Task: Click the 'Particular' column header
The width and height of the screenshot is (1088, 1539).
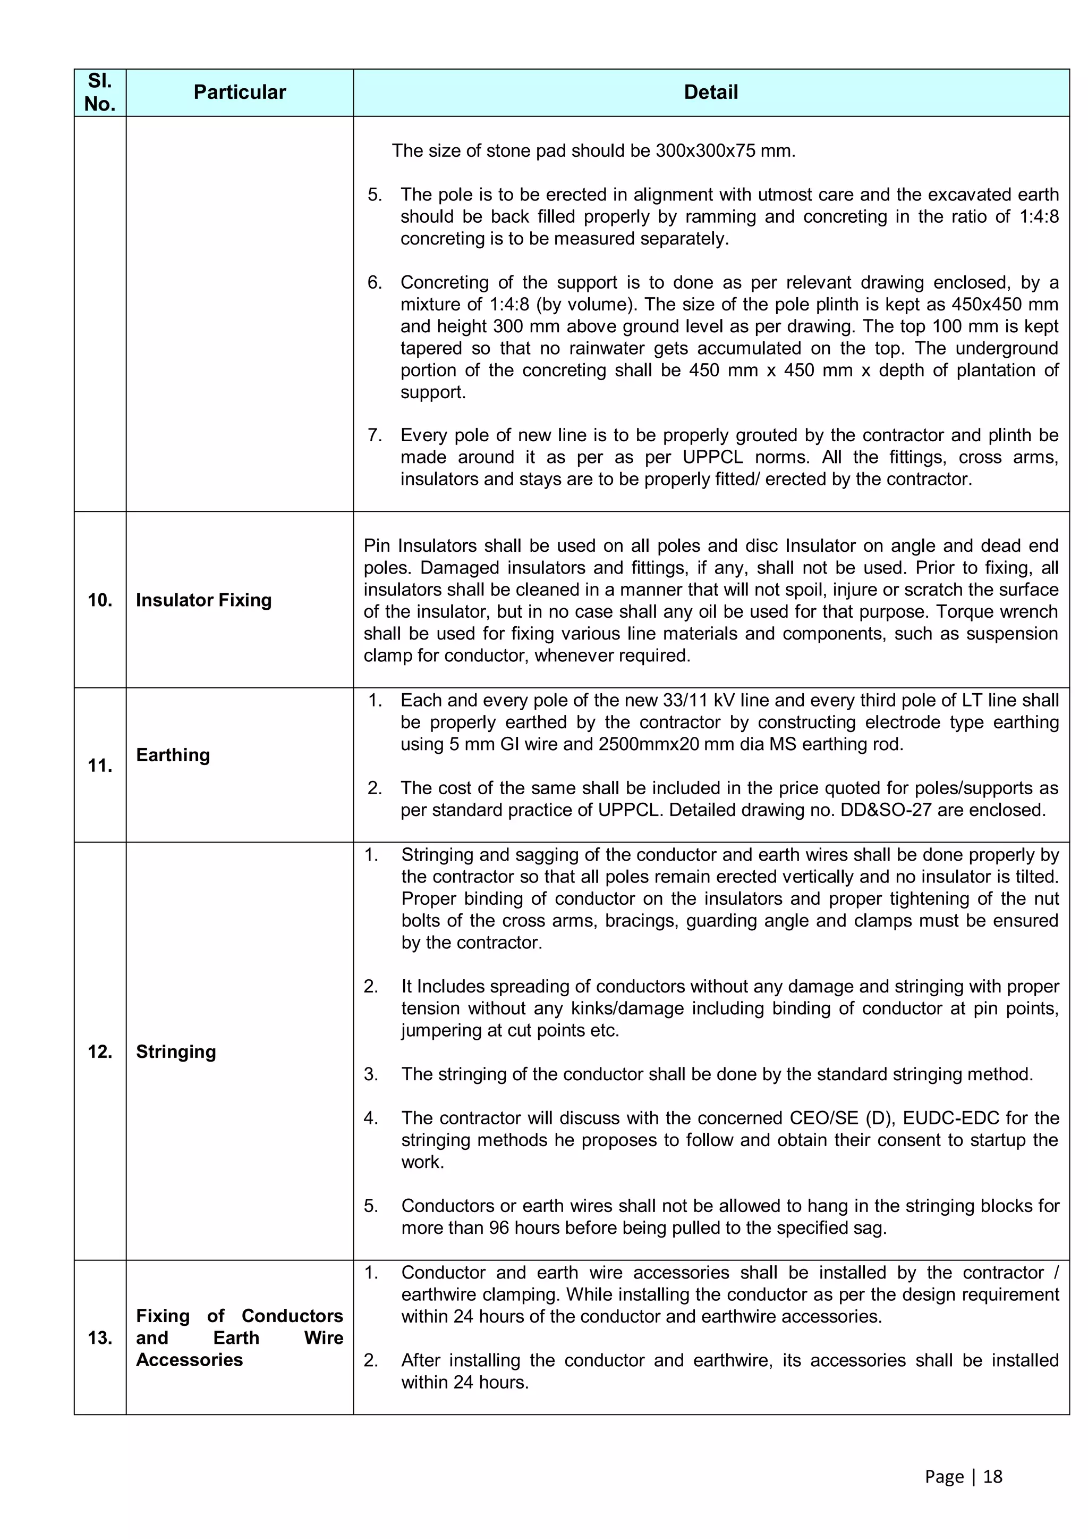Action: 239,92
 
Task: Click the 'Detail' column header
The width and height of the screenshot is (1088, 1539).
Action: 711,92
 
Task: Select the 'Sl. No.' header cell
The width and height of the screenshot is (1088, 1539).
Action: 100,92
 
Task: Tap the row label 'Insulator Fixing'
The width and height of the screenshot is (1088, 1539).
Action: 203,600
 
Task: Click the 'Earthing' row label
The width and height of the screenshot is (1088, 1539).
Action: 173,755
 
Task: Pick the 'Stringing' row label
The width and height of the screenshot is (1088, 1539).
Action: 176,1052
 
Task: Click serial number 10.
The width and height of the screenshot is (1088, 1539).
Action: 100,600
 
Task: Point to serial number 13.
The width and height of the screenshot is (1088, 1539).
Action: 100,1338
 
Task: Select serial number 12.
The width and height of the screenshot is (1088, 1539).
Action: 100,1052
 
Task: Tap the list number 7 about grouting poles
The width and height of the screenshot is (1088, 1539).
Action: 374,436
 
